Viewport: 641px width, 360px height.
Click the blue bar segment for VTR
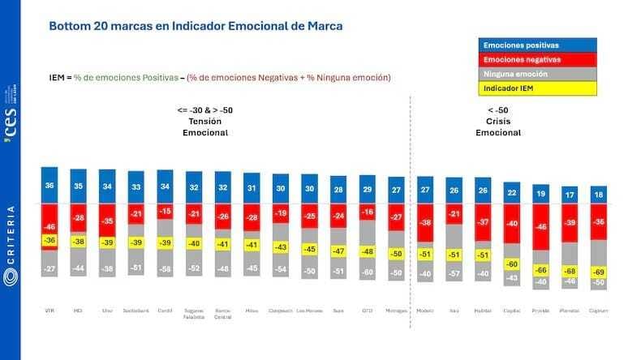[x=50, y=186]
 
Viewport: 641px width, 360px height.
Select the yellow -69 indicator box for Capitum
[x=598, y=272]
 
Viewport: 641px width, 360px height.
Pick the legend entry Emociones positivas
[x=538, y=46]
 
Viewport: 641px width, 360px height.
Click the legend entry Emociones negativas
[x=538, y=60]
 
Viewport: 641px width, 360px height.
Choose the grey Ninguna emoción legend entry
[x=538, y=74]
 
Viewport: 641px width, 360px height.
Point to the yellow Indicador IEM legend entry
[x=538, y=88]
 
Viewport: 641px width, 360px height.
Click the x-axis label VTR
[x=50, y=311]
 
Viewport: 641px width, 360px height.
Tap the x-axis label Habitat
[x=482, y=311]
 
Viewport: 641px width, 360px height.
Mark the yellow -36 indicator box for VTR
[x=50, y=240]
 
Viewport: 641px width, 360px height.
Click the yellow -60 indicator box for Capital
[x=511, y=264]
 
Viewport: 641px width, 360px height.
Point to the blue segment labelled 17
[x=569, y=195]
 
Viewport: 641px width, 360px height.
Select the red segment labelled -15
[x=166, y=212]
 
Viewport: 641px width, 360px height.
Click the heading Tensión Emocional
[x=204, y=126]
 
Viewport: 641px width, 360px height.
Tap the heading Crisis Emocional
[x=497, y=126]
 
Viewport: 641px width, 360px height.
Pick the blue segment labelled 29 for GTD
[x=367, y=189]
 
